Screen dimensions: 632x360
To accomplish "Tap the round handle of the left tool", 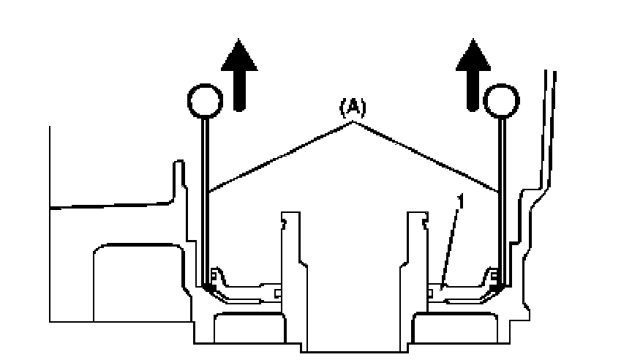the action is click(204, 102).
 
